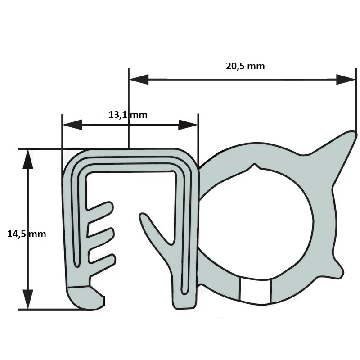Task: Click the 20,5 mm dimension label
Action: coord(245,66)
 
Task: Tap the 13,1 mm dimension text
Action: coord(128,115)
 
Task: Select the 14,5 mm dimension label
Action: coord(27,234)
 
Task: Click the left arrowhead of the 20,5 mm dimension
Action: coord(139,80)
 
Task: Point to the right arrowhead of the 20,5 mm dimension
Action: coord(346,80)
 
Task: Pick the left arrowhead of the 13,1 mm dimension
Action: coord(72,125)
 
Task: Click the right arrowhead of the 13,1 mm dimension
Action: coord(188,125)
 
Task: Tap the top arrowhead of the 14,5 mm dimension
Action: coord(28,159)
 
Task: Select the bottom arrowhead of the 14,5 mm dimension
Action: coord(28,299)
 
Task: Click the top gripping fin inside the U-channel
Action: coord(100,207)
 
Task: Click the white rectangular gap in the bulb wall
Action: coord(255,290)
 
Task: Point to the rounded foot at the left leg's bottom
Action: coord(85,298)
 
